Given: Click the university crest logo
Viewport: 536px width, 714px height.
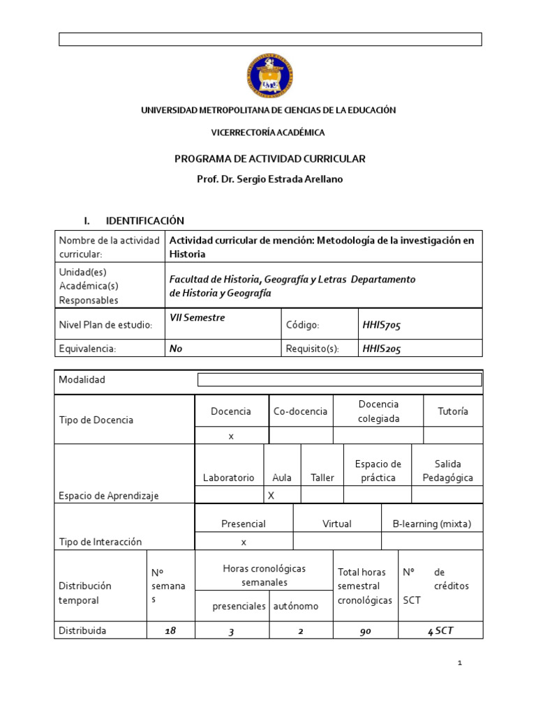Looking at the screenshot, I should [269, 75].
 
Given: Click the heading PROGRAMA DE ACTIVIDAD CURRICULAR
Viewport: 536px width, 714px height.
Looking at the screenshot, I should [269, 159].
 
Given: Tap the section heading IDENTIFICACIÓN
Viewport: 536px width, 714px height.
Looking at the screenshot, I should [144, 220].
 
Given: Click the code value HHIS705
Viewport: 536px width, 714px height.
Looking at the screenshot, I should [381, 325].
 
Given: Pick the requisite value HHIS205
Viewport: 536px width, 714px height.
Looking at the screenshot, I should [381, 349].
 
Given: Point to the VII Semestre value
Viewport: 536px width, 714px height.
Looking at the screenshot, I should [198, 317].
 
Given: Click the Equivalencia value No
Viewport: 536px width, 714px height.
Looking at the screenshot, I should [176, 349].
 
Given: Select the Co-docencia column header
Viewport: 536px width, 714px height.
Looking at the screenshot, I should [300, 411].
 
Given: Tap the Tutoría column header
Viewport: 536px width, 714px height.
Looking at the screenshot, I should [452, 411].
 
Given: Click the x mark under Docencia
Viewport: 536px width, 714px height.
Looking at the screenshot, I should [230, 435].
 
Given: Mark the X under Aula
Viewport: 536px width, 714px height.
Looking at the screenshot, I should [271, 495].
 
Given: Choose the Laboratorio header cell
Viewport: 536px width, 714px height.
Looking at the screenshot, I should [228, 478].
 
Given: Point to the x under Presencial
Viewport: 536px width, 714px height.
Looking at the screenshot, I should [244, 541].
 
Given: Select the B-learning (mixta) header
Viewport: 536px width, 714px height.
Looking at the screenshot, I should [431, 524].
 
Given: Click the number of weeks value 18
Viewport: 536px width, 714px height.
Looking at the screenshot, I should [170, 630].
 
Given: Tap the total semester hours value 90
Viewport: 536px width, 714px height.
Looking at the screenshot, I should [366, 630].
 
